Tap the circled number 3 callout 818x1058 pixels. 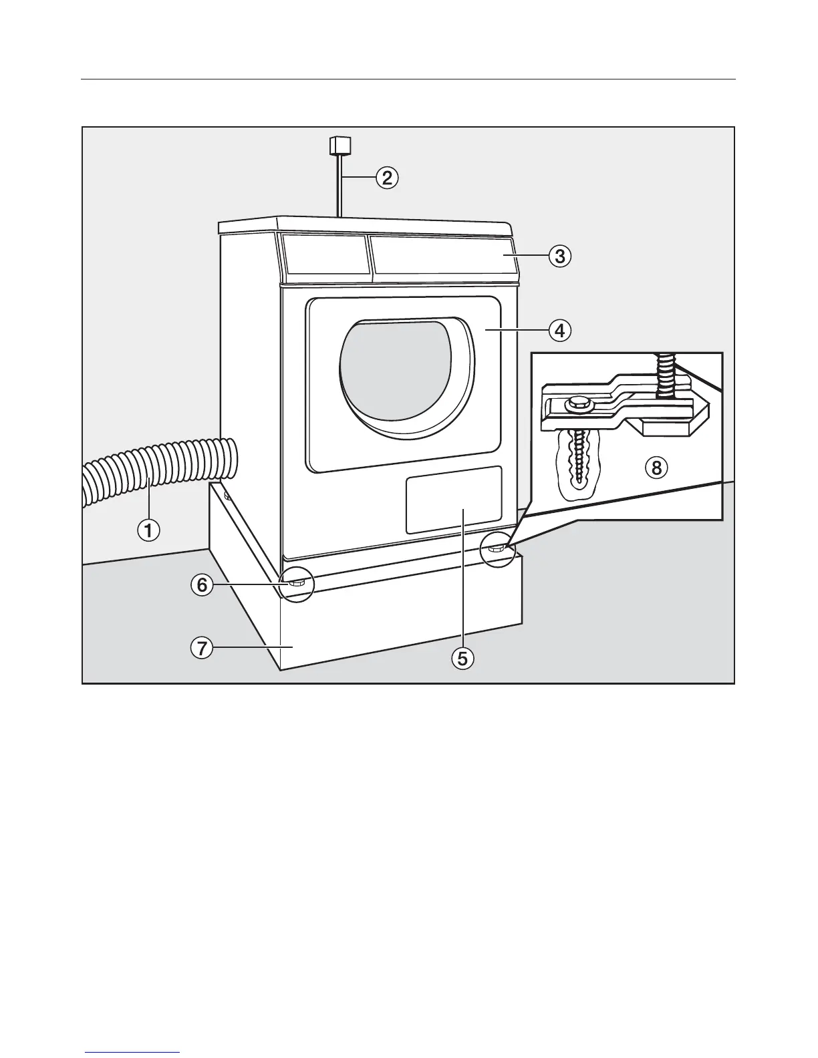tap(560, 256)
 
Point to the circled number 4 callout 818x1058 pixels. tap(560, 330)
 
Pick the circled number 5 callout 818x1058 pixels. tap(462, 659)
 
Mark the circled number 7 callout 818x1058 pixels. tap(202, 647)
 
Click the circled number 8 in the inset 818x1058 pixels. tap(656, 468)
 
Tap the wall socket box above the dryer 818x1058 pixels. tap(340, 145)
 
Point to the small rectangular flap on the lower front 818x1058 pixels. tap(454, 500)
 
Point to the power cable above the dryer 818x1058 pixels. tap(340, 187)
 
